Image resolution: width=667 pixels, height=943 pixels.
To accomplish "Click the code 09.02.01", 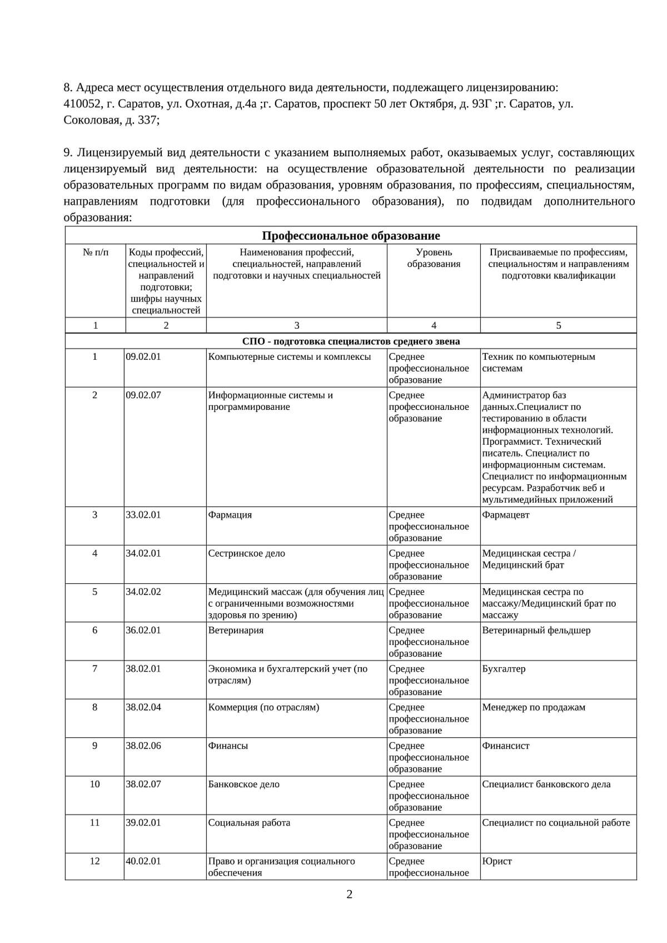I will (x=143, y=357).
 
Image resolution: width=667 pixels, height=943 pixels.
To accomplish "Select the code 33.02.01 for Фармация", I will (x=143, y=515).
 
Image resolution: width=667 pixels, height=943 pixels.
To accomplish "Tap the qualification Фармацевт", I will (x=506, y=515).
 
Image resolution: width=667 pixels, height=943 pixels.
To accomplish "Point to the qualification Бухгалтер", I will (x=504, y=669).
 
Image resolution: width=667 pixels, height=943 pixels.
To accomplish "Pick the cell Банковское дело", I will (x=243, y=785).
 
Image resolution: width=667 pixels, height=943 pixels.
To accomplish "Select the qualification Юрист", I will (x=497, y=861).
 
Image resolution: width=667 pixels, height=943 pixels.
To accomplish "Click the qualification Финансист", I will (x=506, y=746).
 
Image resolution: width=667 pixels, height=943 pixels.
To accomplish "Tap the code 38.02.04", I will (x=143, y=707).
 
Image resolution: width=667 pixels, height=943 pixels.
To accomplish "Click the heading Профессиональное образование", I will (x=351, y=236).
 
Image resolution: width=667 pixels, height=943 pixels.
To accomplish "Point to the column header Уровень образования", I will (x=434, y=258).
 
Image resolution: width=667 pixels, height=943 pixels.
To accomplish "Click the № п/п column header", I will (x=96, y=252).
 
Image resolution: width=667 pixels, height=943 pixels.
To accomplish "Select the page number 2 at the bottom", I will (x=349, y=895).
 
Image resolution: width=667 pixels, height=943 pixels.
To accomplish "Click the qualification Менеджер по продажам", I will (x=534, y=707).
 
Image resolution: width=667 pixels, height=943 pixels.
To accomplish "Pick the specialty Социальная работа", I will (x=249, y=823).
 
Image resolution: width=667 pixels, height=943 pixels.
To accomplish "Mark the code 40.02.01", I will (x=143, y=861).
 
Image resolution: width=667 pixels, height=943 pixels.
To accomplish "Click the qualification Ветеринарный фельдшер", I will (x=536, y=631).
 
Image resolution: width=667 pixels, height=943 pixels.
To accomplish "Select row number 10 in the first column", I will (x=95, y=785).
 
